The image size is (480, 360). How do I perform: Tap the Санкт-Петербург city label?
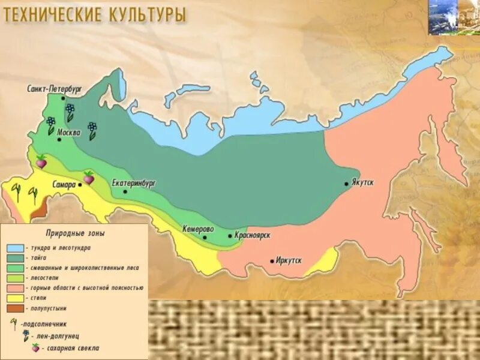pyautogui.click(x=54, y=88)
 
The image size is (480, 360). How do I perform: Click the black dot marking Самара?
pyautogui.click(x=80, y=185)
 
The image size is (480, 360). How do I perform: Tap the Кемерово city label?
pyautogui.click(x=198, y=229)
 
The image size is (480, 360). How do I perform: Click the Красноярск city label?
pyautogui.click(x=252, y=236)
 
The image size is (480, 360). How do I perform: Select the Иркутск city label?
pyautogui.click(x=289, y=260)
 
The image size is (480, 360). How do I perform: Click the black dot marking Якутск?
pyautogui.click(x=347, y=184)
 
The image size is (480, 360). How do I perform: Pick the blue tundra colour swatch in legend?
pyautogui.click(x=16, y=247)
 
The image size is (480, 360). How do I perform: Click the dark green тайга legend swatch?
pyautogui.click(x=16, y=257)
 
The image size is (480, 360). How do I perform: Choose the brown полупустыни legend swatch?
pyautogui.click(x=16, y=308)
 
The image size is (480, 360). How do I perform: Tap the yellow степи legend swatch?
pyautogui.click(x=16, y=298)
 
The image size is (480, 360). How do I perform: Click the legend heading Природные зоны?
pyautogui.click(x=76, y=232)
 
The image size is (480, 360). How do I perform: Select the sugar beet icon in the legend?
pyautogui.click(x=35, y=347)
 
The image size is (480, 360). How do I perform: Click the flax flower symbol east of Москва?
pyautogui.click(x=92, y=128)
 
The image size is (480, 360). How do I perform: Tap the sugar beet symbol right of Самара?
pyautogui.click(x=89, y=177)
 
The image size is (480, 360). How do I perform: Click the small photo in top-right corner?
pyautogui.click(x=454, y=17)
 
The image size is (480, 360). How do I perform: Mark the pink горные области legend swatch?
pyautogui.click(x=16, y=287)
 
